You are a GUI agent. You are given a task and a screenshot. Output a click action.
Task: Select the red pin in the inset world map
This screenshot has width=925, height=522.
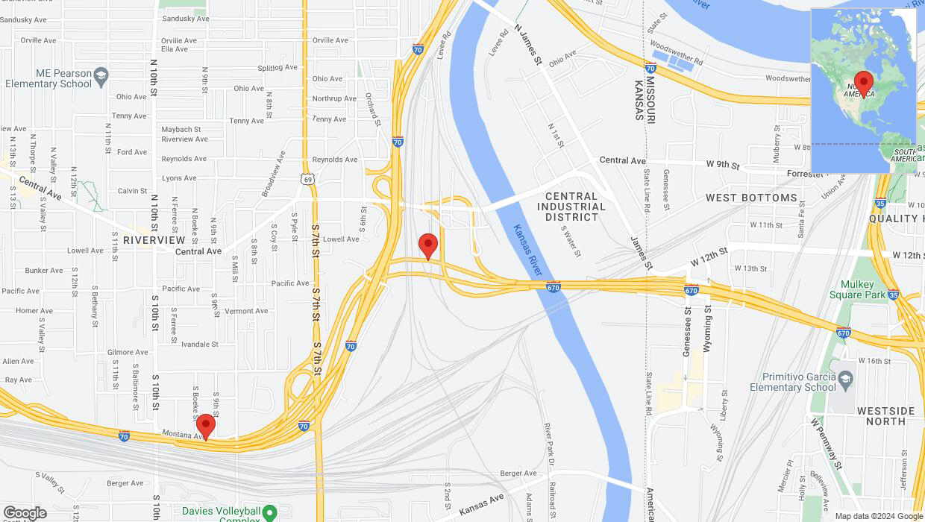point(863,83)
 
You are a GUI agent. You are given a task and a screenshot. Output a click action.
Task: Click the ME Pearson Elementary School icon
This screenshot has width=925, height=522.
point(101,75)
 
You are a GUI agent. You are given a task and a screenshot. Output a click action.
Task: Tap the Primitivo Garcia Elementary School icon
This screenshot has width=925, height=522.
point(845,378)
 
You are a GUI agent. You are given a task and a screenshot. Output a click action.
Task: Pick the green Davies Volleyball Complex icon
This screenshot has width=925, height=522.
point(270,513)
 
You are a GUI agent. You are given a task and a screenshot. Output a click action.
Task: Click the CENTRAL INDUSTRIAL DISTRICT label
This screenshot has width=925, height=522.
point(571,207)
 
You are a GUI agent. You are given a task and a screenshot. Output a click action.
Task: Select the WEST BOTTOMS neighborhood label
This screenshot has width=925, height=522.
point(751,198)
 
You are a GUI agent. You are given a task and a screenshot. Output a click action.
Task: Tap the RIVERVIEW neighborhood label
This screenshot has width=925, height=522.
point(154,240)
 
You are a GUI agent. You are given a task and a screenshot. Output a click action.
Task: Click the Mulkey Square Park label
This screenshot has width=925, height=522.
point(862,289)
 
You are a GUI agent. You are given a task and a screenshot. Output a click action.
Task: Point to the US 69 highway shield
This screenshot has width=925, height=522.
point(307,179)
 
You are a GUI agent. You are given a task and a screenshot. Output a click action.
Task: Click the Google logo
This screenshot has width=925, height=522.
point(24,513)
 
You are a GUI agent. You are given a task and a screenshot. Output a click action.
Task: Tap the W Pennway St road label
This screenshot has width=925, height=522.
point(826,443)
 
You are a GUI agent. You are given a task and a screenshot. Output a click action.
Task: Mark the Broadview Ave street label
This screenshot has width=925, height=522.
point(273,174)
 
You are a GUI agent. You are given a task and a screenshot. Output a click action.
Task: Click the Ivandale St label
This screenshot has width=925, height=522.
point(200,345)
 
